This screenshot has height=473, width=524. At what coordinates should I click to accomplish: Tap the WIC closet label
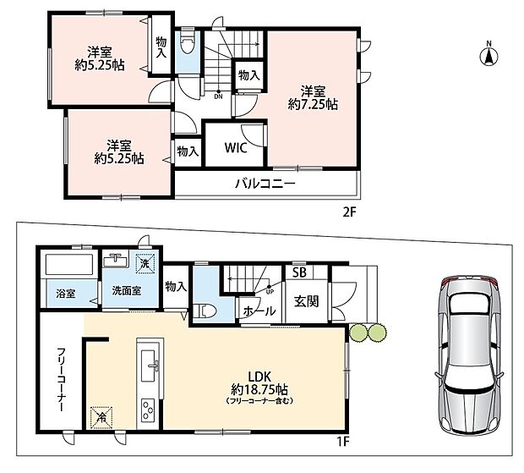[236, 147]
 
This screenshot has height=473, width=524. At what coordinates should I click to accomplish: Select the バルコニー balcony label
[265, 184]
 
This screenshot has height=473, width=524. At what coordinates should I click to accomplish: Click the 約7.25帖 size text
[313, 104]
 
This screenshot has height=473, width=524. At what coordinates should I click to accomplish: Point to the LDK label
[259, 377]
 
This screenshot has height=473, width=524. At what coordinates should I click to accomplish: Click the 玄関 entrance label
[307, 301]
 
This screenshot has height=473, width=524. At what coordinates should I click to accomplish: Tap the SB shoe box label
[299, 272]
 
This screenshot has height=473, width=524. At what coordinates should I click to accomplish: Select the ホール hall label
[259, 311]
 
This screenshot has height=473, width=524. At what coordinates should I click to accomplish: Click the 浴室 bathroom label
[66, 294]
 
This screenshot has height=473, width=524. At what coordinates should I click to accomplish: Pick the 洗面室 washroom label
[126, 290]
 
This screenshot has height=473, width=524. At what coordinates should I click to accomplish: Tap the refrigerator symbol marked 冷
[101, 417]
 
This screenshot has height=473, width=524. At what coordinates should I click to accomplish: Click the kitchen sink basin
[148, 366]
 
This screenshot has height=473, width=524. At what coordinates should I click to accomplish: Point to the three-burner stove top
[148, 410]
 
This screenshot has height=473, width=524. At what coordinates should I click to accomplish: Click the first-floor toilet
[206, 311]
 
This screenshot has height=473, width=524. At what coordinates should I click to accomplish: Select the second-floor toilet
[187, 44]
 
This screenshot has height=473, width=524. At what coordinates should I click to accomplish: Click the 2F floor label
[350, 212]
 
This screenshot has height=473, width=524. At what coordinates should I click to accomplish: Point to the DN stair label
[219, 97]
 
